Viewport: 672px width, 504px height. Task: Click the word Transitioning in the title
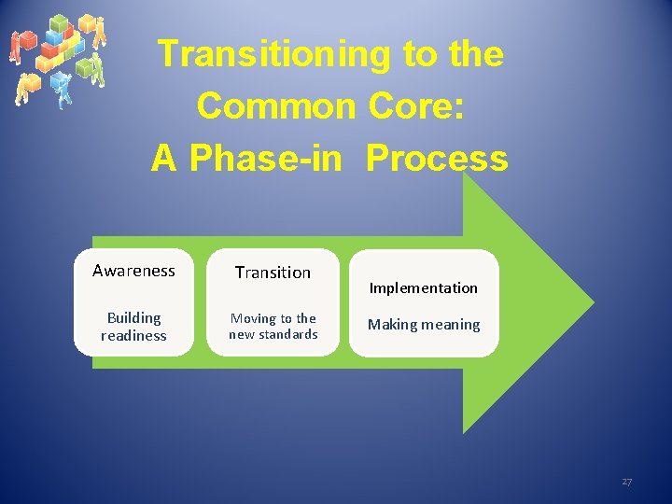pos(275,54)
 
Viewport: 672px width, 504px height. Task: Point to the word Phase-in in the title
pos(270,159)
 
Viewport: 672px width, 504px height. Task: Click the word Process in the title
pos(437,159)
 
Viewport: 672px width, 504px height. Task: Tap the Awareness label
pos(133,271)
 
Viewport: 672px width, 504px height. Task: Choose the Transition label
pos(273,273)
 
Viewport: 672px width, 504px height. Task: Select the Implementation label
pos(423,287)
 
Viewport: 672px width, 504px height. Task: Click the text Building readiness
pos(133,327)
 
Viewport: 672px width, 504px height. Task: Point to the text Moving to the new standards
pos(273,327)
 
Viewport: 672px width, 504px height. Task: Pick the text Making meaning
pos(423,325)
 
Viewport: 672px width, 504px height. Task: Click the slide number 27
pos(626,482)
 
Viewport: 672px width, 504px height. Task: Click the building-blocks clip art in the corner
pos(57,58)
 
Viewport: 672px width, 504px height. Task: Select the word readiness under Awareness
pos(133,336)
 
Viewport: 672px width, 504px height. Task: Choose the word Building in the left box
pos(133,318)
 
